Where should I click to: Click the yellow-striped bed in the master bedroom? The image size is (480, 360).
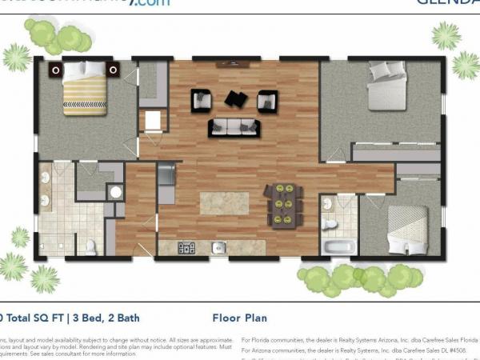84,87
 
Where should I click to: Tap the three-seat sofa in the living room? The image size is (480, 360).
234,127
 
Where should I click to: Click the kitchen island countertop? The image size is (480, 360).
224,202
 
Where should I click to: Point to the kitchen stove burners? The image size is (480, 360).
186,247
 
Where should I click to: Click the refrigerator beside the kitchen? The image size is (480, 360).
166,183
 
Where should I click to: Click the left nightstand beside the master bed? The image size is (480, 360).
55,70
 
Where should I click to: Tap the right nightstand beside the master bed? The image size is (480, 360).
113,70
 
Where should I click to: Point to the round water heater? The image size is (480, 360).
115,193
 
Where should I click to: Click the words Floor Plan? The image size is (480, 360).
240,317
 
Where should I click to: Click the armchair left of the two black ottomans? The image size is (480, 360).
201,100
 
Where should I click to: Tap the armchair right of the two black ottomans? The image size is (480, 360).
266,101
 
